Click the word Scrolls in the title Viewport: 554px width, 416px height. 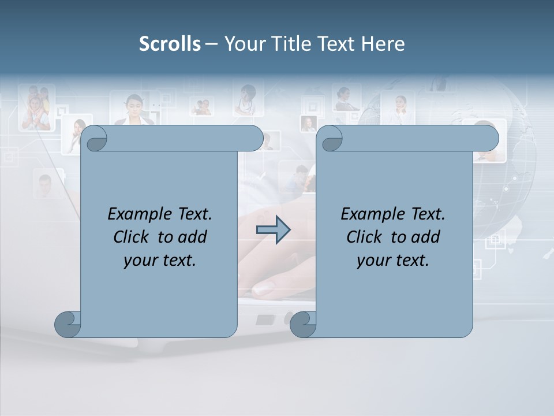pos(170,44)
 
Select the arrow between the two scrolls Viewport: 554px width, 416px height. pos(273,230)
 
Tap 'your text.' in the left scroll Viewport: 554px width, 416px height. pos(159,260)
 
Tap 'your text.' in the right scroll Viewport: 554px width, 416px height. pos(392,260)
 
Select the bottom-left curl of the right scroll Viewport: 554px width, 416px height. pos(304,324)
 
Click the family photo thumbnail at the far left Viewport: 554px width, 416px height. pos(36,109)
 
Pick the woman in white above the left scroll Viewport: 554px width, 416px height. pos(134,110)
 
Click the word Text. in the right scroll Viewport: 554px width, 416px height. pos(424,214)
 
